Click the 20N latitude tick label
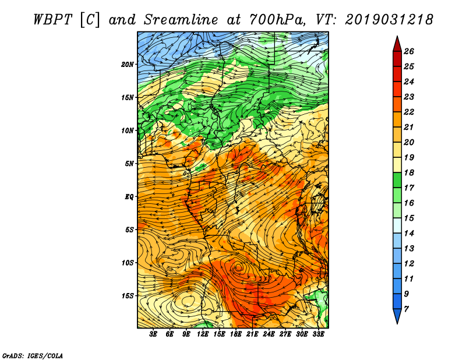pos(128,64)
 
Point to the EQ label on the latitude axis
pos(129,196)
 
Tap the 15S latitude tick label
pos(128,296)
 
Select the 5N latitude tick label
pos(129,164)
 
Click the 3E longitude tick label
pos(153,334)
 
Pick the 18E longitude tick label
pos(236,334)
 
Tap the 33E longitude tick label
pos(318,334)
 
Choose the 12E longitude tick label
pos(203,334)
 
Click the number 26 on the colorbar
pos(409,51)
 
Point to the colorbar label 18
pos(409,172)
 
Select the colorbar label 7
pos(406,309)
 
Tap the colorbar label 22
pos(409,112)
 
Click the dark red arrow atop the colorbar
pos(397,44)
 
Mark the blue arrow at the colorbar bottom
pos(397,316)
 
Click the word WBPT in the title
pos(53,20)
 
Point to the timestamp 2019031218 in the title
pos(389,20)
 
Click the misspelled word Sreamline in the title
pos(181,20)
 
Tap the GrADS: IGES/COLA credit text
pos(33,355)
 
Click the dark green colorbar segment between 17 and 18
pos(397,181)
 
